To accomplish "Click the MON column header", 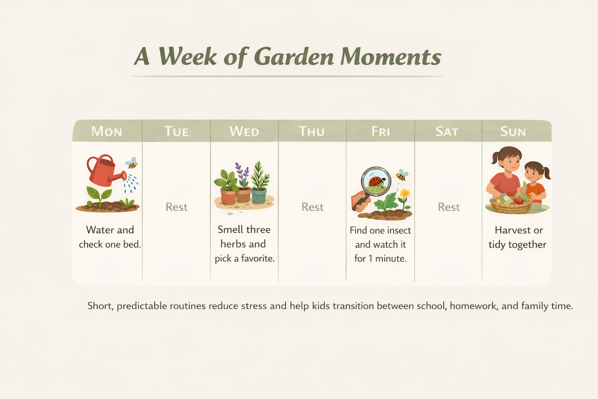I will [x=107, y=132].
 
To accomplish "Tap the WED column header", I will [x=244, y=132].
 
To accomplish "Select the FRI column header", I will [x=380, y=132].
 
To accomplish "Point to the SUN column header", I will [x=513, y=132].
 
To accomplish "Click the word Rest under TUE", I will [x=176, y=207].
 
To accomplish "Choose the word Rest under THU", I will [x=312, y=207].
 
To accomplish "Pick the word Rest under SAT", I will [x=448, y=207].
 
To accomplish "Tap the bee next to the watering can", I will [x=132, y=163].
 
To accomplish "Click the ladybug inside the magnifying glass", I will [x=376, y=182].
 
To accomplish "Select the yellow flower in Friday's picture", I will [x=405, y=193].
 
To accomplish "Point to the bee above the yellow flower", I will [x=401, y=175].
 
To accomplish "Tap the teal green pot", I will [x=259, y=196].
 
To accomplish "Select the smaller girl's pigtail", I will [x=547, y=172].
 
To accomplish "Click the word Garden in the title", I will [x=294, y=57].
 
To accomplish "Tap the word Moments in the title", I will [x=390, y=57].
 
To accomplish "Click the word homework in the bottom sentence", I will [x=473, y=306].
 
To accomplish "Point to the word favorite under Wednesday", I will [x=257, y=258].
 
